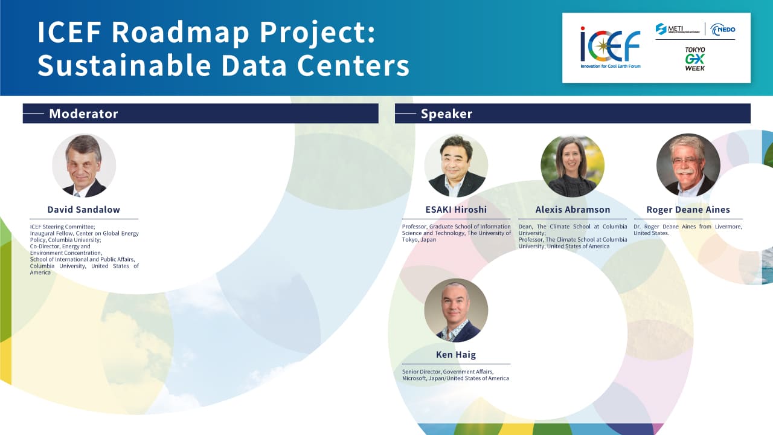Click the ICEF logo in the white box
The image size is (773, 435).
click(x=610, y=47)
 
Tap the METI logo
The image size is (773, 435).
click(x=678, y=29)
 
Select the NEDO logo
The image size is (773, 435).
click(x=723, y=30)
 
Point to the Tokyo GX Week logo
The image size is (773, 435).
click(x=695, y=59)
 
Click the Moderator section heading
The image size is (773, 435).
click(x=83, y=114)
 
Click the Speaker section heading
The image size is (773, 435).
click(x=446, y=114)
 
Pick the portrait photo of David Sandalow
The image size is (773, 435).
click(x=84, y=166)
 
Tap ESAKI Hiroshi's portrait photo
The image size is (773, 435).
click(x=456, y=166)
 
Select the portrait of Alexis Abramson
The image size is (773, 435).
click(x=573, y=166)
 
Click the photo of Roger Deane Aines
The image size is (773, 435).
click(x=688, y=166)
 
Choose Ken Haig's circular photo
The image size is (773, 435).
click(x=456, y=310)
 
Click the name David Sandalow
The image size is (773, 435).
click(x=84, y=210)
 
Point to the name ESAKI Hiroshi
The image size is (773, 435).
click(x=456, y=210)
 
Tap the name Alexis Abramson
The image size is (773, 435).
click(x=573, y=210)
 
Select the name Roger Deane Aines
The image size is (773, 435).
click(x=688, y=210)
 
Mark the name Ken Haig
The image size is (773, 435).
click(x=456, y=355)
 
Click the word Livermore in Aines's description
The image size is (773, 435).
click(x=728, y=227)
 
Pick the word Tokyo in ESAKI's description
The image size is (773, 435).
click(x=410, y=240)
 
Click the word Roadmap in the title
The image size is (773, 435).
click(x=180, y=32)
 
